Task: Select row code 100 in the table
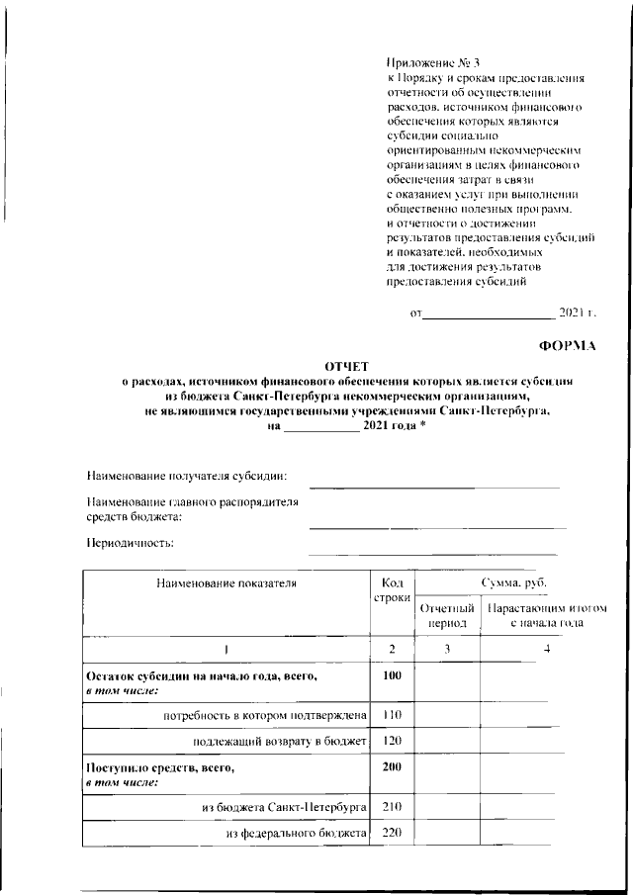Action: point(392,675)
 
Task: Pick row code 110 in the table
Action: point(392,713)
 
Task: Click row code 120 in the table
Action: point(392,741)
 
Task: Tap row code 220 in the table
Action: point(392,833)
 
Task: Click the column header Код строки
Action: point(392,591)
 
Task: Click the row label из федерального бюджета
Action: point(297,834)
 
